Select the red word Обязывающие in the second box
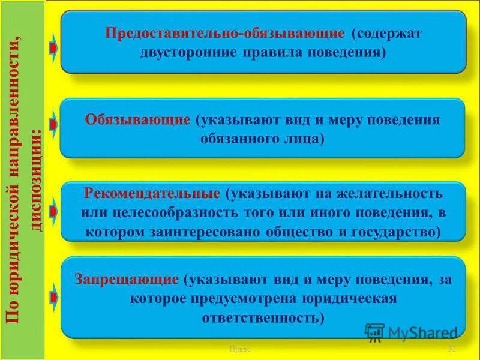tap(137, 119)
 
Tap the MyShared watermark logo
tap(412, 332)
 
